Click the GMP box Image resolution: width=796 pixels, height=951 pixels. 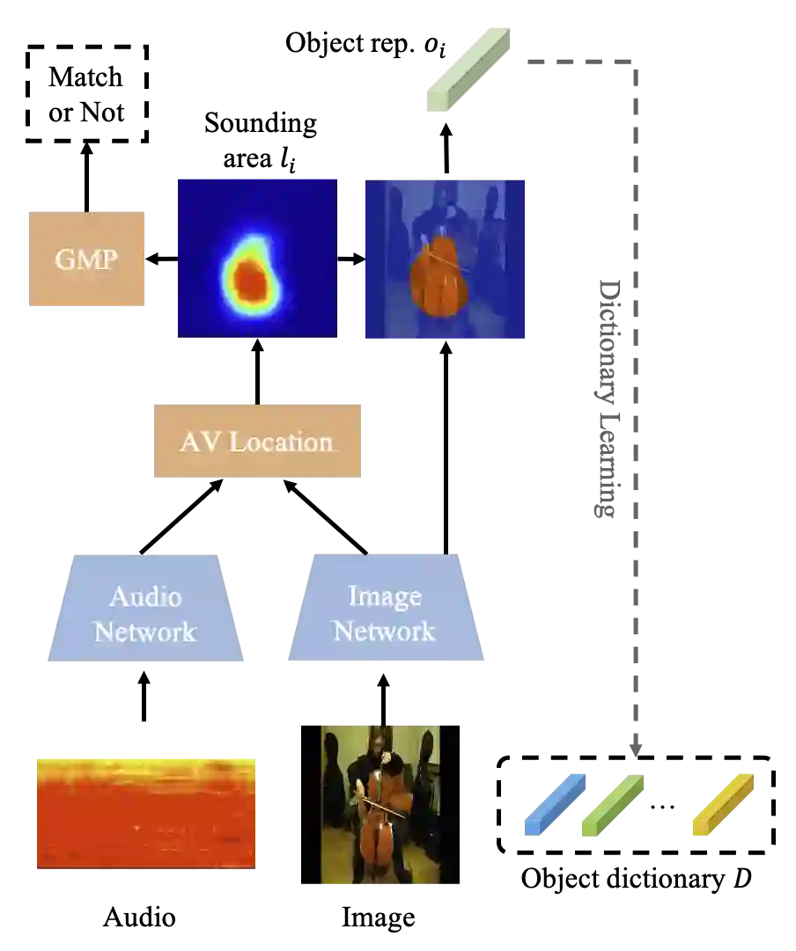pos(87,260)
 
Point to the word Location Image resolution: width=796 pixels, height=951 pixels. pos(281,442)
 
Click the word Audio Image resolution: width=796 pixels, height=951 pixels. pos(145,596)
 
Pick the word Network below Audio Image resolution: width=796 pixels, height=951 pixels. pos(145,631)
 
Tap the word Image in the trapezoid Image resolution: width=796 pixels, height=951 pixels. pos(384,596)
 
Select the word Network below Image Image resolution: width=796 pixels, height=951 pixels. pos(384,631)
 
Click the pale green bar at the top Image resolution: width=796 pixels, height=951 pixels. pos(468,67)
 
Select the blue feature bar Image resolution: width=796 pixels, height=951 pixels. pos(555,803)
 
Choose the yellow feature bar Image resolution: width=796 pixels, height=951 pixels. pos(722,803)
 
